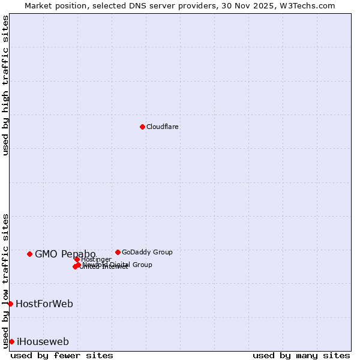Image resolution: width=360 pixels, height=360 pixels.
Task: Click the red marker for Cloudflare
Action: tap(142, 127)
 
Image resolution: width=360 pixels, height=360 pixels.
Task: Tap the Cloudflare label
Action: tap(163, 127)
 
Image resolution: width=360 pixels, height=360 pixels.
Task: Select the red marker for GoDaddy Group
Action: tap(118, 252)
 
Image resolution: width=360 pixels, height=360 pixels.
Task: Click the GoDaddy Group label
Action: tap(147, 252)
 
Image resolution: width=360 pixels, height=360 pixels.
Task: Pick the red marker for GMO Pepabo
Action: tap(29, 254)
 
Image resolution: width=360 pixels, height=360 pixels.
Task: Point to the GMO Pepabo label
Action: tap(65, 254)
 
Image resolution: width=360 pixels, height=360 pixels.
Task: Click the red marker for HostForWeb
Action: tap(10, 304)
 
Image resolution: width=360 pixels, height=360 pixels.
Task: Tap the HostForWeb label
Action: tap(44, 304)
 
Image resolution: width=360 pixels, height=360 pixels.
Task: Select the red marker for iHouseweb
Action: tap(11, 341)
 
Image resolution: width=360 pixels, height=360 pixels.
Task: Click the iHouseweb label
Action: tap(43, 341)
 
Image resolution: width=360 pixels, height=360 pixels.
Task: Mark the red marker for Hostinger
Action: tap(77, 259)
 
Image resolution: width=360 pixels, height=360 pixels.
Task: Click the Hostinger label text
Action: tap(96, 259)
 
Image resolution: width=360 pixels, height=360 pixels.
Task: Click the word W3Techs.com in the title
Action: tap(305, 5)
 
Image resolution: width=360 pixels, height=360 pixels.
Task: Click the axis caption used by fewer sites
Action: tap(62, 355)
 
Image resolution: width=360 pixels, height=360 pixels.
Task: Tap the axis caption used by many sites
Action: tap(301, 355)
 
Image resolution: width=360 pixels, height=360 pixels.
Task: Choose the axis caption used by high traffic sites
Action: tap(5, 85)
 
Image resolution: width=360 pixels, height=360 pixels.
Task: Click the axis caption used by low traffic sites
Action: tap(5, 280)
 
